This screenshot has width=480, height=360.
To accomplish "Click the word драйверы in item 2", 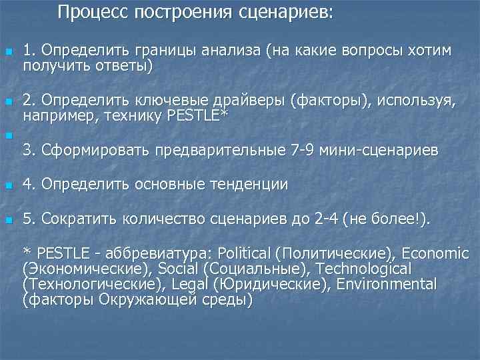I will coord(249,101).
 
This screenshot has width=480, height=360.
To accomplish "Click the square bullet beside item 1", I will coord(8,52).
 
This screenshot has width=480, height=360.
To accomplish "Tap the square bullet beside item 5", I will coord(8,219).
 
